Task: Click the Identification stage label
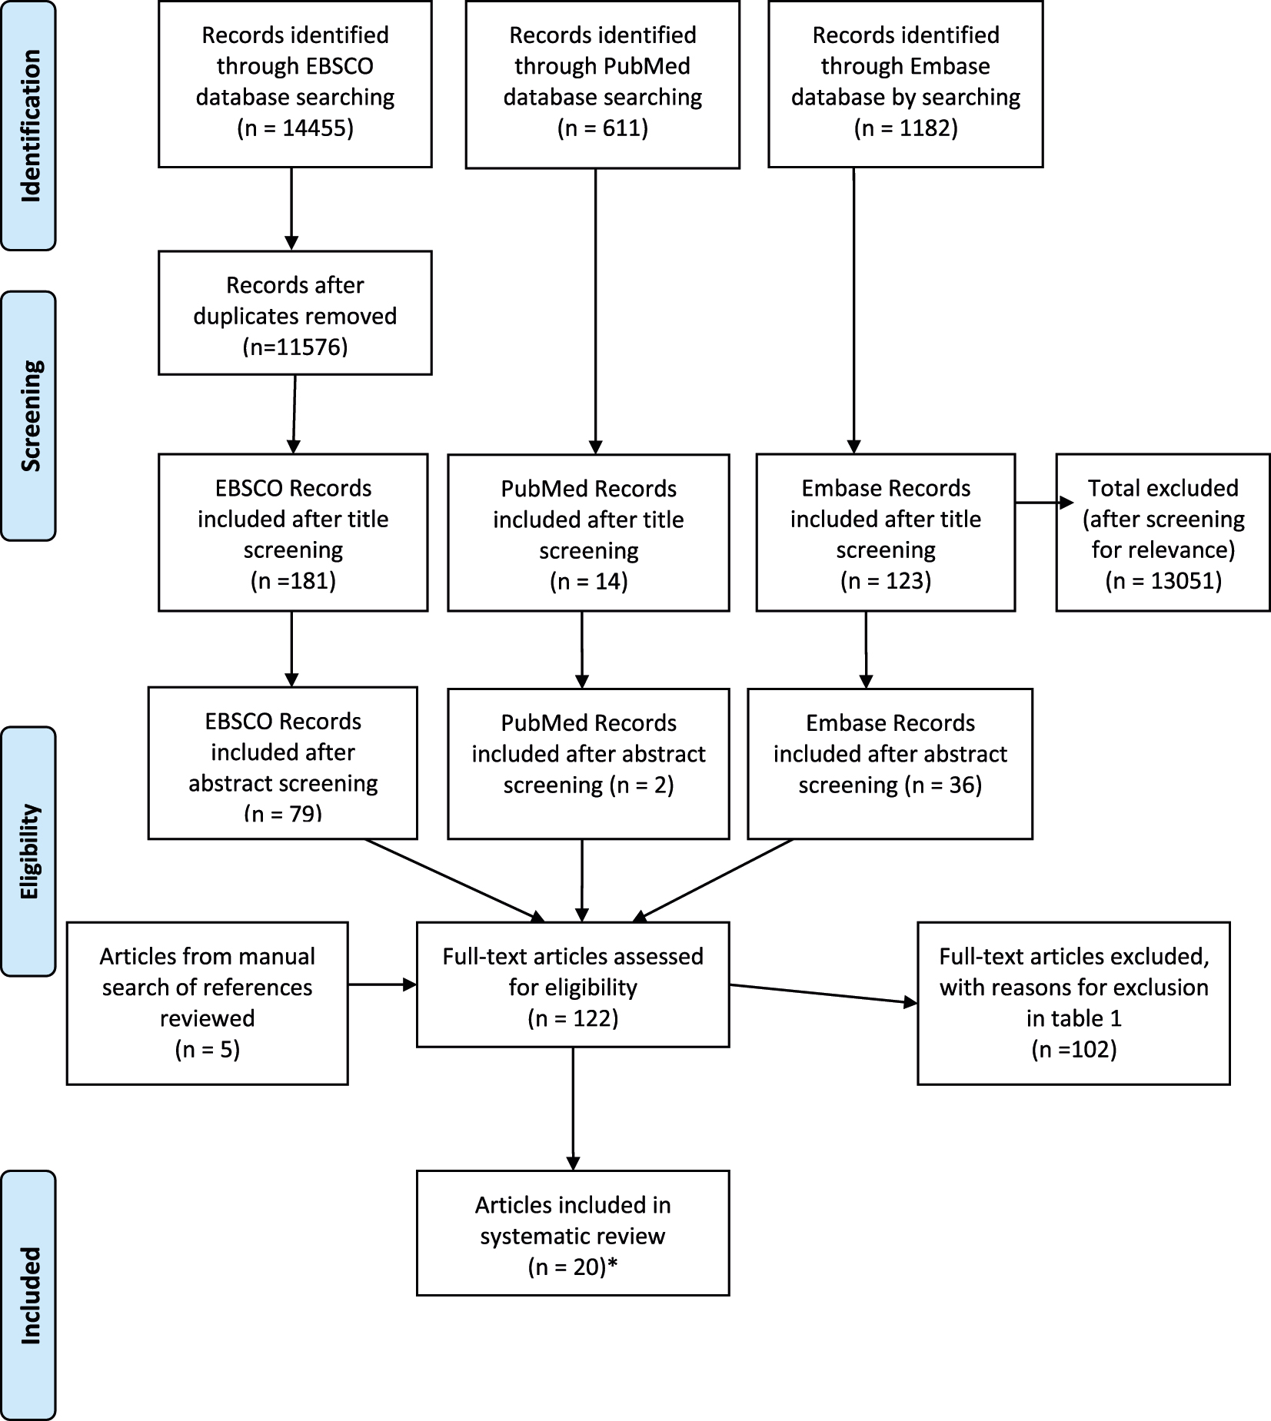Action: [29, 126]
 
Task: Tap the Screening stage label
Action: [29, 416]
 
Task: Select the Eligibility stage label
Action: [29, 851]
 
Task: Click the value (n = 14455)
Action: [295, 128]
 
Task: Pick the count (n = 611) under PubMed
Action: [602, 128]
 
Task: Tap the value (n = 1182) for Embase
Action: [906, 128]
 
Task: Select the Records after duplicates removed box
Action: [295, 314]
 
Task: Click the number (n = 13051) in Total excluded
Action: [1163, 580]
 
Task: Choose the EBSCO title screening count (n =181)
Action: [293, 580]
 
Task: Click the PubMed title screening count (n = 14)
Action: [588, 581]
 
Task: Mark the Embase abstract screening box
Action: [890, 762]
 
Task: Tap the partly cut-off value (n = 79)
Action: [283, 812]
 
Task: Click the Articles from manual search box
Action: [207, 1002]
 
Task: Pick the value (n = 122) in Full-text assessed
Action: [573, 1018]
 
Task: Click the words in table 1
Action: [1073, 1018]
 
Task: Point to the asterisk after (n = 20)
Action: [613, 1266]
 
